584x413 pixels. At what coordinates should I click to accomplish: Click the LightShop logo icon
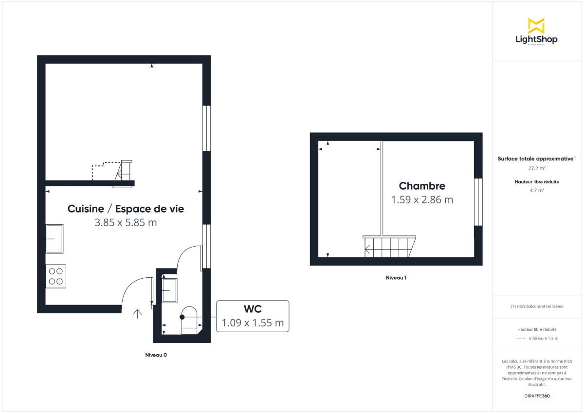click(x=536, y=26)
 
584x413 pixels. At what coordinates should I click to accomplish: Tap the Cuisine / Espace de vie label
click(x=126, y=209)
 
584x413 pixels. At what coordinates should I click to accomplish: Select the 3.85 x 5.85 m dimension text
click(x=126, y=223)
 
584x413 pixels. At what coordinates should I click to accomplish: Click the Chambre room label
click(x=422, y=186)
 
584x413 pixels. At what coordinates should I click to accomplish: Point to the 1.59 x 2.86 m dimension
click(x=422, y=199)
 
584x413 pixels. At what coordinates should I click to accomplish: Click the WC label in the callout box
click(x=253, y=309)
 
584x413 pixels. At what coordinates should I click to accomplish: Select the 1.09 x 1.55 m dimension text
click(x=253, y=323)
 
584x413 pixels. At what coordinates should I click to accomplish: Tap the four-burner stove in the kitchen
click(x=55, y=276)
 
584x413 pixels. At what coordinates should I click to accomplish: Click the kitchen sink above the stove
click(x=55, y=238)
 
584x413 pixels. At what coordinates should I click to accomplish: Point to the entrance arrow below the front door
click(x=137, y=314)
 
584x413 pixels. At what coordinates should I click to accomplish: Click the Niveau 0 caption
click(x=156, y=355)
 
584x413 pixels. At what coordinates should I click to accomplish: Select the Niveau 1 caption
click(x=396, y=278)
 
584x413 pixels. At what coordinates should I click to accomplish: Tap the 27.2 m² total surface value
click(x=537, y=168)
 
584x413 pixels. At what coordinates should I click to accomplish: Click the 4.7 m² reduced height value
click(x=537, y=190)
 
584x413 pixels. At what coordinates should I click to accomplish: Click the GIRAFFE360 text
click(x=537, y=396)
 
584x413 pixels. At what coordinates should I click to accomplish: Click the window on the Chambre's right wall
click(x=478, y=202)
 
